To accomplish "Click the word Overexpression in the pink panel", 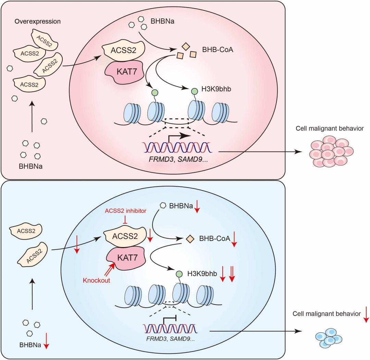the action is (x=38, y=22).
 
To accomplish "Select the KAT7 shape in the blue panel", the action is (x=126, y=258).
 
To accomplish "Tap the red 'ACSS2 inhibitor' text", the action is (x=125, y=211).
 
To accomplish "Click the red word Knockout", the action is (x=97, y=280).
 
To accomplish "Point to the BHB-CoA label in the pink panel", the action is (x=218, y=50).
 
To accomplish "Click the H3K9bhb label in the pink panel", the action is (x=216, y=89).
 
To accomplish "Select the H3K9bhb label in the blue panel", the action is (x=202, y=274).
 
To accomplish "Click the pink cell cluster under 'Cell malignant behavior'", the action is (x=331, y=151).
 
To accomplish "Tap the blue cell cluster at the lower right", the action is (x=329, y=338).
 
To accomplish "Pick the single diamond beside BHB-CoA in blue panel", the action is (x=190, y=239).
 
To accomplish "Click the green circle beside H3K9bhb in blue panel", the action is (x=179, y=274).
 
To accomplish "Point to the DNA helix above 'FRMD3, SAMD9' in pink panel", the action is (x=177, y=147).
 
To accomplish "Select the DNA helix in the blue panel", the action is (x=170, y=329).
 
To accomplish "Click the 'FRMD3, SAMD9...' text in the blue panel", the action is (x=170, y=339).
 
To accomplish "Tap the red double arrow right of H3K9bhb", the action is (x=232, y=274).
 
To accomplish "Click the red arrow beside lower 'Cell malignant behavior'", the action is (x=366, y=314).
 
